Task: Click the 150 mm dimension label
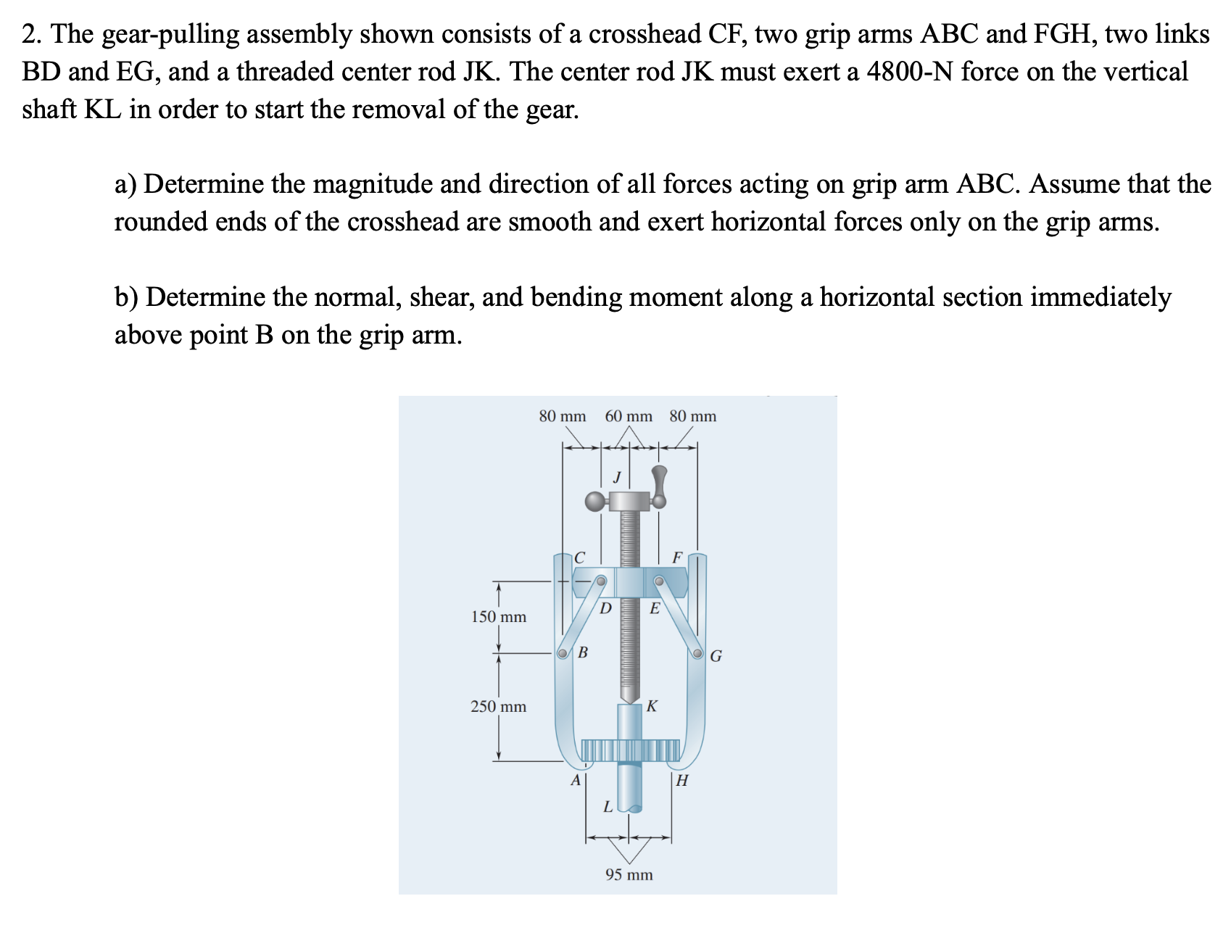click(x=499, y=617)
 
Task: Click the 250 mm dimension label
click(x=499, y=706)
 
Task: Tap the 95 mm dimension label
click(x=629, y=874)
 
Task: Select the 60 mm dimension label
click(x=629, y=416)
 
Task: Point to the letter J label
click(x=616, y=477)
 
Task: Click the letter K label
click(x=652, y=705)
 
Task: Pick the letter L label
click(x=608, y=806)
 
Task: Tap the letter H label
click(x=681, y=781)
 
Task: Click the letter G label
click(x=716, y=657)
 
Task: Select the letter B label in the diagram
click(x=582, y=652)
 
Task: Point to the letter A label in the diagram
click(x=576, y=781)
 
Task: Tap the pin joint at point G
click(x=697, y=653)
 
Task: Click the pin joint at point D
click(x=601, y=581)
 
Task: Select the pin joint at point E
click(x=659, y=581)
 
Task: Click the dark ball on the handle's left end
click(x=594, y=501)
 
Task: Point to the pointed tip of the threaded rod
click(x=629, y=697)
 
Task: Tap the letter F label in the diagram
click(x=677, y=557)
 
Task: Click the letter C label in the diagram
click(x=579, y=557)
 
